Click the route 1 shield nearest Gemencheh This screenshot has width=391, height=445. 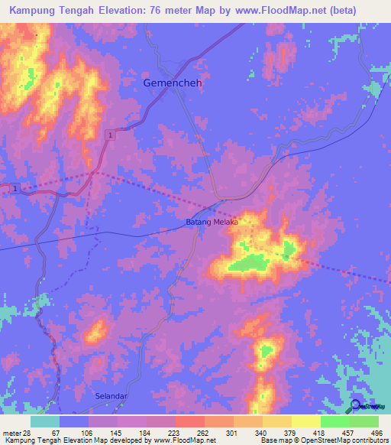point(111,135)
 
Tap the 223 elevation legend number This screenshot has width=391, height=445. point(176,433)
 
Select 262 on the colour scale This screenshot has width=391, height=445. point(205,433)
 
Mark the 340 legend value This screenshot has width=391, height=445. point(263,433)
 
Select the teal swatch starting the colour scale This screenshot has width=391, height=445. point(45,421)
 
